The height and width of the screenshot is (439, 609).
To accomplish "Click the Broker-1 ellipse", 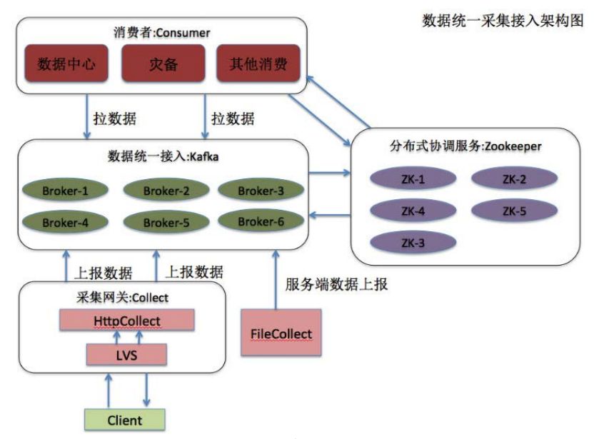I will pyautogui.click(x=66, y=191).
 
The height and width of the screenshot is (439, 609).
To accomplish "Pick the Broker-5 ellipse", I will pyautogui.click(x=166, y=223).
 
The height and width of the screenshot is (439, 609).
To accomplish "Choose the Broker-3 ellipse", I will pyautogui.click(x=261, y=191).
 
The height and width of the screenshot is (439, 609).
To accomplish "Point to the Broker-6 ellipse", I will pyautogui.click(x=261, y=221).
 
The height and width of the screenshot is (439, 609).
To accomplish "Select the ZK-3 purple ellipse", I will pyautogui.click(x=413, y=243).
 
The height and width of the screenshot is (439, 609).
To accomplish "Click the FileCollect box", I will pyautogui.click(x=281, y=334).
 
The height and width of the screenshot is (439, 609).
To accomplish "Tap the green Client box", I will pyautogui.click(x=124, y=420).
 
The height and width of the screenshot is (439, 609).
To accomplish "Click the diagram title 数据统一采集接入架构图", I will pyautogui.click(x=503, y=21).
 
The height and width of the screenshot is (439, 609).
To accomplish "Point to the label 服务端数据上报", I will pyautogui.click(x=336, y=285).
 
